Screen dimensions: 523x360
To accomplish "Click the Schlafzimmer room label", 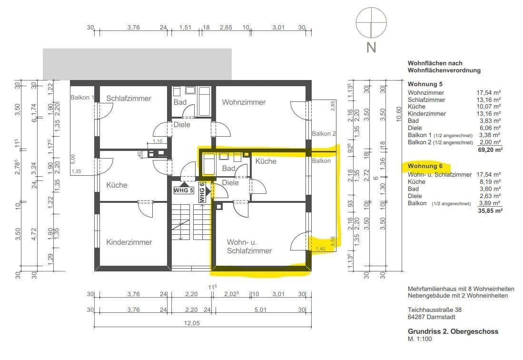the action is pos(128,99).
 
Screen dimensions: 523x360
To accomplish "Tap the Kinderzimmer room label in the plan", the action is pos(129,242).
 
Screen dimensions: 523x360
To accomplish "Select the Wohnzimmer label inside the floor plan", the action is pos(244,102).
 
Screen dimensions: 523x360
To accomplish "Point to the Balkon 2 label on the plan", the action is pos(324,133).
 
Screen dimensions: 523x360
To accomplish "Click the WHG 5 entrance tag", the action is pos(183,190).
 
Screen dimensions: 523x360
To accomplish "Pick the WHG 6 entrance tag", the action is pos(202,192).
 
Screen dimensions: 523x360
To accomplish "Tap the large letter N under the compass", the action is pos(371,47).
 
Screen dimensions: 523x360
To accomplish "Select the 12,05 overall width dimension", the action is pos(192,323).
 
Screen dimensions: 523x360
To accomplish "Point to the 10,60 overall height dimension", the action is pos(399,114).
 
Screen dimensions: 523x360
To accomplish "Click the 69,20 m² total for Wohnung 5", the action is pos(490,150).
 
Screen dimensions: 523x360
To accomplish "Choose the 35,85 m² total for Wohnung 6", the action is pos(490,210).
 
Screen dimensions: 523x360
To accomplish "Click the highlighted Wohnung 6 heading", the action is pos(425,166).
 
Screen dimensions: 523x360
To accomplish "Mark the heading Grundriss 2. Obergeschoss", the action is pos(453,331).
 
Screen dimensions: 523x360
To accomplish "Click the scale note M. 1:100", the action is pos(420,339).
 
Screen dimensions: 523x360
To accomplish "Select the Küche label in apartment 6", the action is pos(266,161).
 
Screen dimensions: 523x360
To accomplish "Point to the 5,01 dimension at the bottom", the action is pos(260,310).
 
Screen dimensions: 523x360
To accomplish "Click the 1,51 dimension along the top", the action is pos(185,27).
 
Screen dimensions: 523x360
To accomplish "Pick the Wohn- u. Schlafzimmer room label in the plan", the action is pos(249,247).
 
